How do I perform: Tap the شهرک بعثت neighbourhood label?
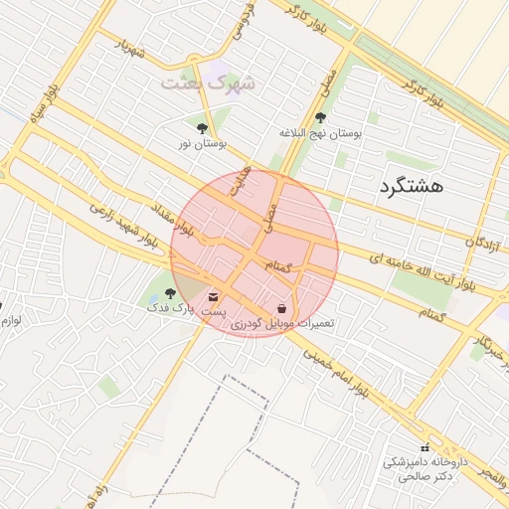click(208, 83)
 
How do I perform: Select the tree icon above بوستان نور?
click(203, 128)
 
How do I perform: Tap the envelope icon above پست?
click(214, 296)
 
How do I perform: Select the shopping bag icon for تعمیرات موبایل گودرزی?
click(282, 307)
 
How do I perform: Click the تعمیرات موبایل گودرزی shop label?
click(282, 324)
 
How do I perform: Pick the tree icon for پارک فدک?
click(170, 294)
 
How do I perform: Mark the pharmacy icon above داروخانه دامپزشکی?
click(425, 448)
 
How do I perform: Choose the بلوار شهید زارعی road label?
click(123, 225)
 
